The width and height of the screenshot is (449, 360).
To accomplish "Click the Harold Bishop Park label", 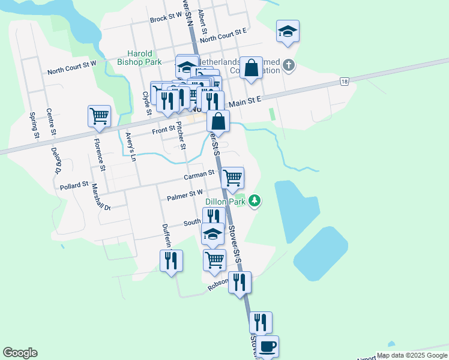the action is (x=140, y=58).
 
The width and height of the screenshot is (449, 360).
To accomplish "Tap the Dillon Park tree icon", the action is (x=255, y=200).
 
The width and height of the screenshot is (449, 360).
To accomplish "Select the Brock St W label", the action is (x=166, y=19).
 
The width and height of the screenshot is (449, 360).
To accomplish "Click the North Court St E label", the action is (x=224, y=35).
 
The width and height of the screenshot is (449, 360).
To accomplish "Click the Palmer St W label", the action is (x=185, y=195).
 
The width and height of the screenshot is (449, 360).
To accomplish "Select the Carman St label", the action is (x=199, y=174).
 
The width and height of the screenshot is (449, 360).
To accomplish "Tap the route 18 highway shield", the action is (x=344, y=82).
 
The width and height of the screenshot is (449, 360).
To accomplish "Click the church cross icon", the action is (x=289, y=64).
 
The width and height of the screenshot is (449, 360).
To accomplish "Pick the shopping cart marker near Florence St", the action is (x=99, y=116).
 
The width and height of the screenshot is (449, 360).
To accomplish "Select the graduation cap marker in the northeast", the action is (x=288, y=31).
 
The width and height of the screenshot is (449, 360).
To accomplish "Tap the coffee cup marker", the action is (x=268, y=347).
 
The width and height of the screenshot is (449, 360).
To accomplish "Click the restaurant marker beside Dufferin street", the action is (x=171, y=260).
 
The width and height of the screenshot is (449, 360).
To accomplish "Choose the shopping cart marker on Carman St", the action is (x=232, y=178).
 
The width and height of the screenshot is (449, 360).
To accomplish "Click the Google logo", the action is (x=20, y=353).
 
